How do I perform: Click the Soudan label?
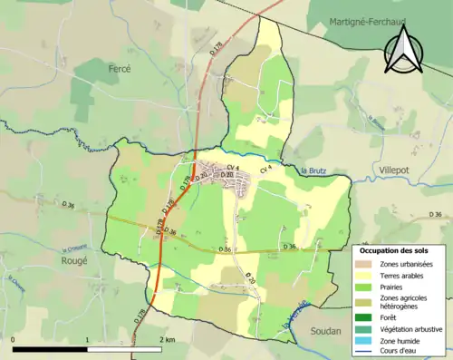[328, 331]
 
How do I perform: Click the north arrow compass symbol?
[406, 50]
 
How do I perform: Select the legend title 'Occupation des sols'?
[393, 250]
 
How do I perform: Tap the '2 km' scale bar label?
[166, 339]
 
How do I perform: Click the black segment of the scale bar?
[50, 349]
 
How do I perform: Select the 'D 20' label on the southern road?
[250, 279]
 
